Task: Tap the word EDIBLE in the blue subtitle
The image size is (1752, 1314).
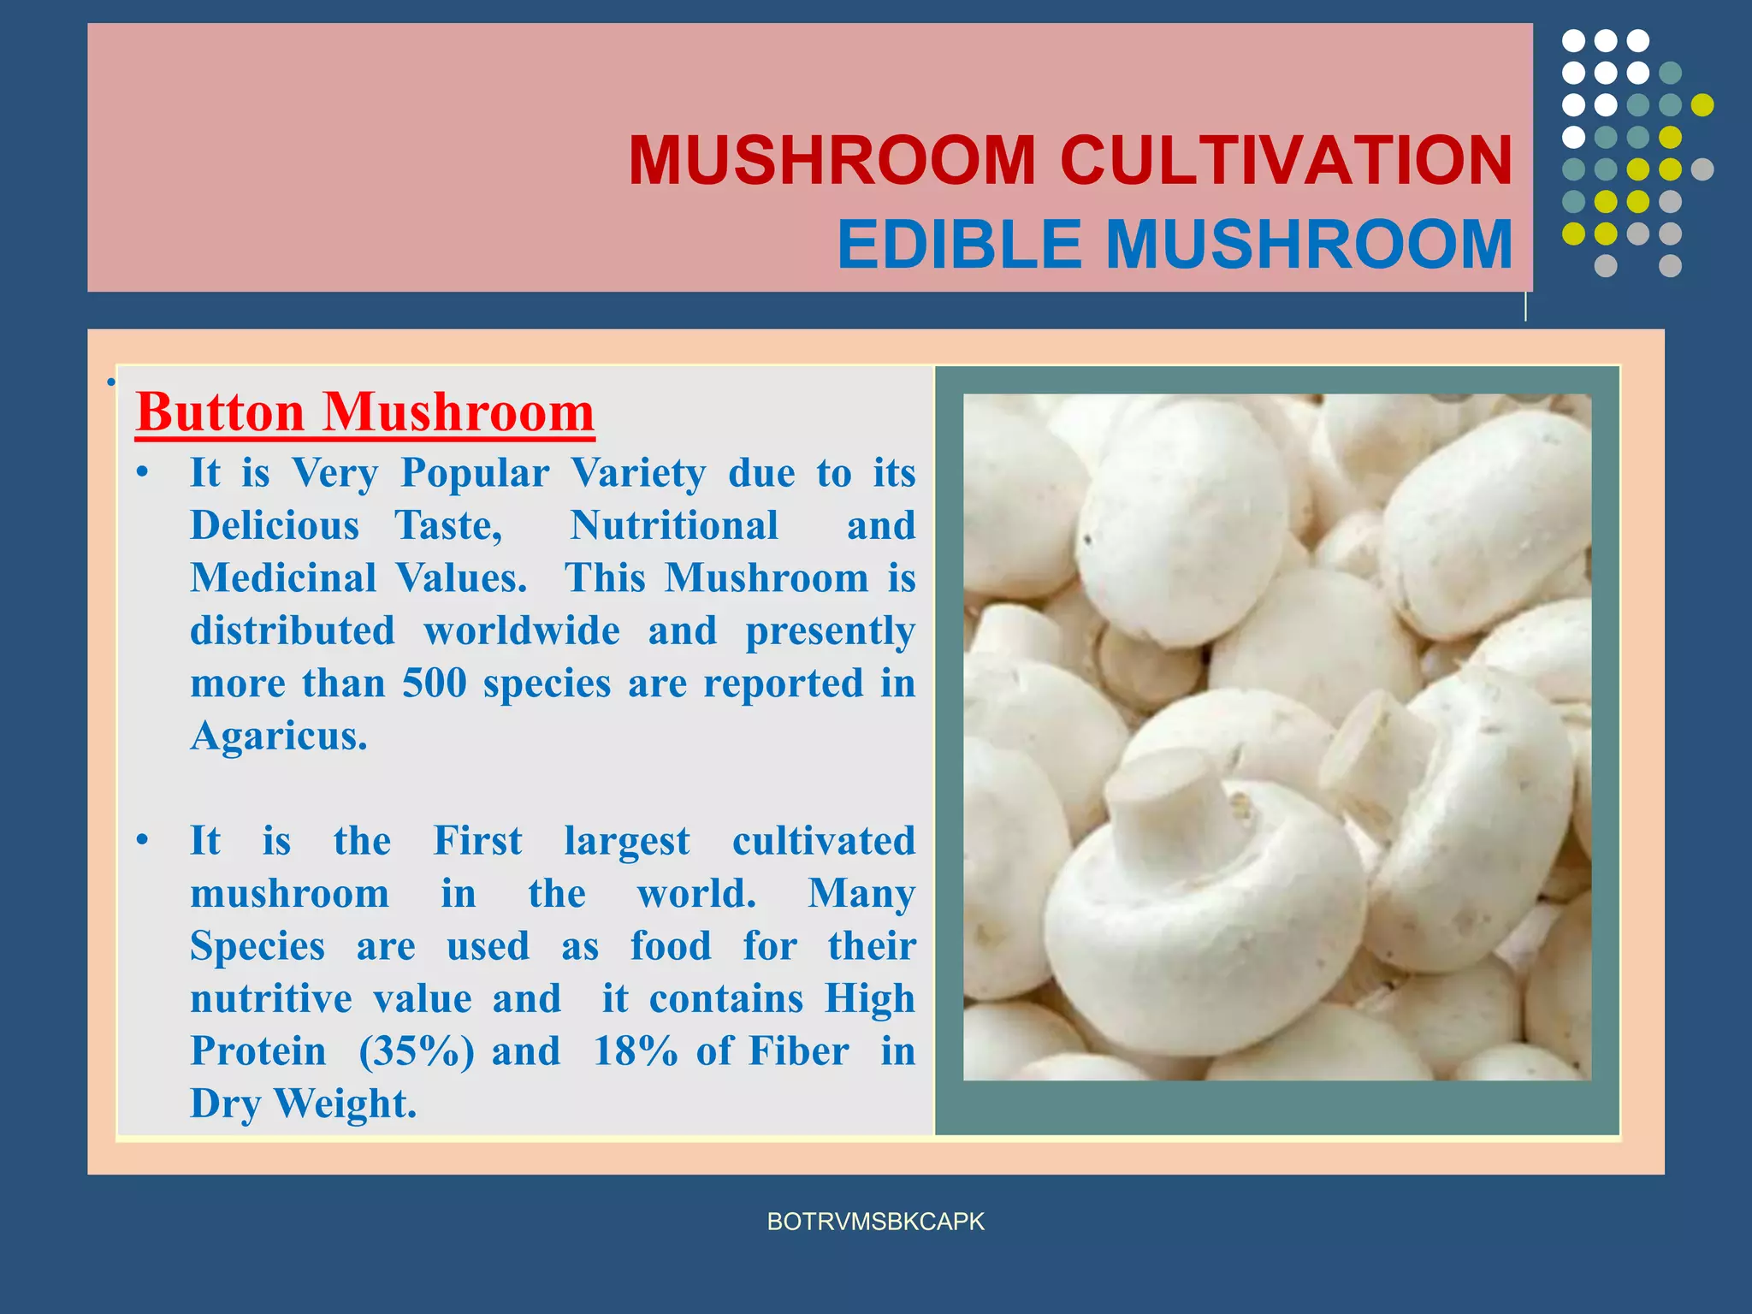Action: pyautogui.click(x=960, y=245)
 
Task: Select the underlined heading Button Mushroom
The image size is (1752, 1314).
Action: pyautogui.click(x=364, y=412)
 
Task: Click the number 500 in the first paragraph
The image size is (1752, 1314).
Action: pyautogui.click(x=435, y=684)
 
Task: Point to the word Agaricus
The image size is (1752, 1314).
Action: pyautogui.click(x=279, y=736)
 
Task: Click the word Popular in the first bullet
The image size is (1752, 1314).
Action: pyautogui.click(x=475, y=473)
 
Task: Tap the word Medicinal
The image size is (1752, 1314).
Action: pyautogui.click(x=283, y=578)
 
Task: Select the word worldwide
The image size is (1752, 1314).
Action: pyautogui.click(x=522, y=631)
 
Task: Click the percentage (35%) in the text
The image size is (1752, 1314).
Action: pyautogui.click(x=416, y=1051)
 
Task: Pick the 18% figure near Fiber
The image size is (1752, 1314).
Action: pyautogui.click(x=635, y=1051)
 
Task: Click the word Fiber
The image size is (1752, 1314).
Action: pyautogui.click(x=799, y=1051)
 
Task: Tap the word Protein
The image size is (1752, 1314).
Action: pyautogui.click(x=258, y=1051)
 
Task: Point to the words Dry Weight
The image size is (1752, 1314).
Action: pyautogui.click(x=303, y=1104)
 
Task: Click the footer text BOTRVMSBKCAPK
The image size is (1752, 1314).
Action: pyautogui.click(x=875, y=1222)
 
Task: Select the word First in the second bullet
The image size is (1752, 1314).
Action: pyautogui.click(x=476, y=841)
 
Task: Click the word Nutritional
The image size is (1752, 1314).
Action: pyautogui.click(x=674, y=525)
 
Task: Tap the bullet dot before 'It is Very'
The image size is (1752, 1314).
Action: pyautogui.click(x=143, y=473)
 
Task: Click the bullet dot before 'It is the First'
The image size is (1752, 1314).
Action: pyautogui.click(x=143, y=841)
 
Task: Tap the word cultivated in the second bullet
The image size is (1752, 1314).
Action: pyautogui.click(x=823, y=841)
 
